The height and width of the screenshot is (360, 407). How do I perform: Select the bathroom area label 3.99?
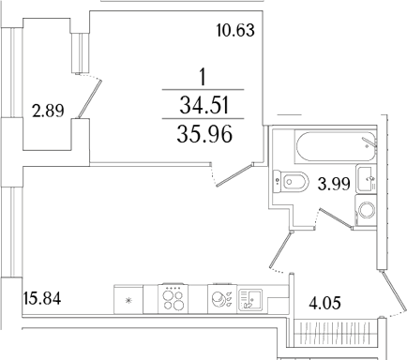(335, 184)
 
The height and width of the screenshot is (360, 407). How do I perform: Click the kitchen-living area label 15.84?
(39, 300)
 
